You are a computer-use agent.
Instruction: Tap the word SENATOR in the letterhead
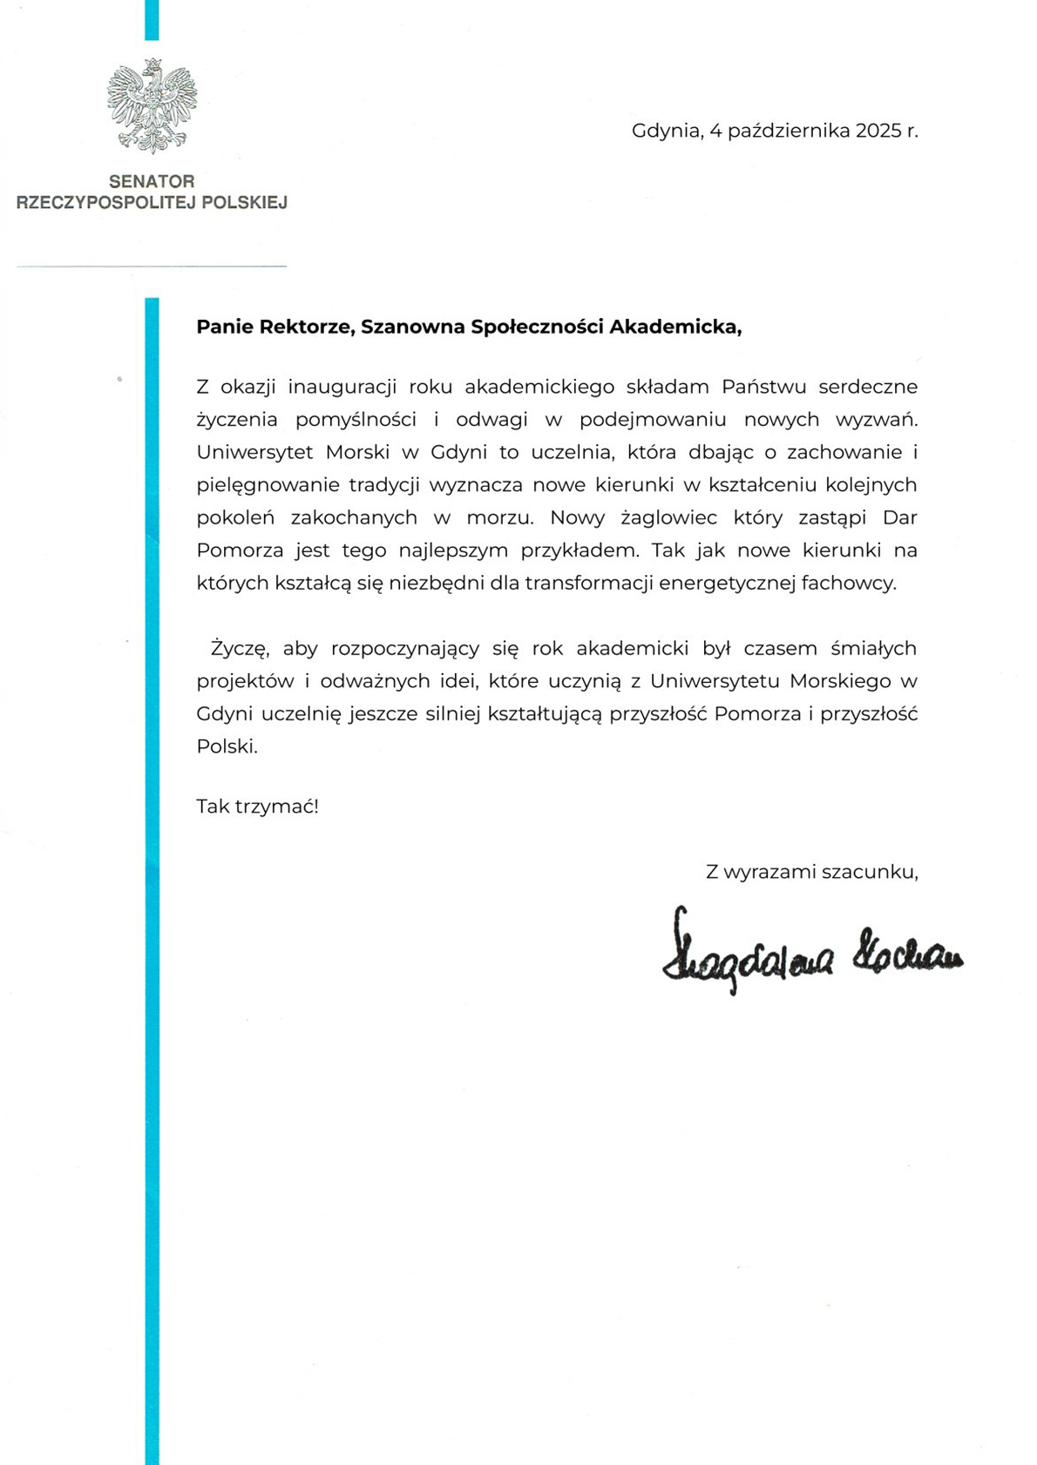point(152,181)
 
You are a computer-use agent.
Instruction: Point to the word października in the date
point(789,132)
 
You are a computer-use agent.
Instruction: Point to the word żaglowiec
point(668,518)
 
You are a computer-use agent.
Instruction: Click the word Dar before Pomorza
point(900,517)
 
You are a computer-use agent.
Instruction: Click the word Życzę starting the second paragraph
point(240,649)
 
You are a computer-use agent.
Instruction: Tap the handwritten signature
point(810,954)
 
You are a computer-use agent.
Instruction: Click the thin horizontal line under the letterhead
point(152,266)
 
